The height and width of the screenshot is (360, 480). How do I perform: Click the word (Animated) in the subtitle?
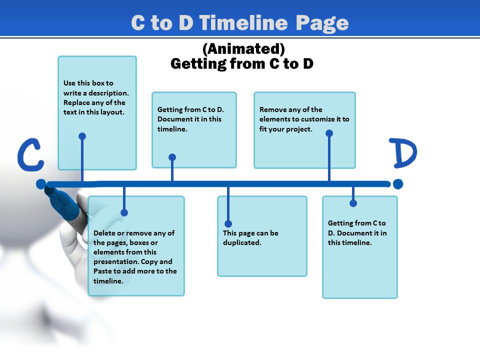[243, 49]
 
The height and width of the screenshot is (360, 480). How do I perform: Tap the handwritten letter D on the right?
[404, 154]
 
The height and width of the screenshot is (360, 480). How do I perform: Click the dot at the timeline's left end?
[41, 184]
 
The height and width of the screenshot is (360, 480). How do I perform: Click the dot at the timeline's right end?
[398, 184]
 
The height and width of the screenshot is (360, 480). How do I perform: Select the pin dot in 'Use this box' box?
[82, 136]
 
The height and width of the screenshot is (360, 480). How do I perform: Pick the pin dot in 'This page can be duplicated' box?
[228, 223]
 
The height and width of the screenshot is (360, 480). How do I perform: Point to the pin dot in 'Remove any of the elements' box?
[329, 133]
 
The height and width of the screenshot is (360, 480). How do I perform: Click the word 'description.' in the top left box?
[109, 93]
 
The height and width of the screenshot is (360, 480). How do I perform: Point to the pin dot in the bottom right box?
[353, 203]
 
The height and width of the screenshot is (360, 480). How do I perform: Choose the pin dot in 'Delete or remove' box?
[124, 212]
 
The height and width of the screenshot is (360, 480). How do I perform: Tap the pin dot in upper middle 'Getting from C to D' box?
[172, 157]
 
